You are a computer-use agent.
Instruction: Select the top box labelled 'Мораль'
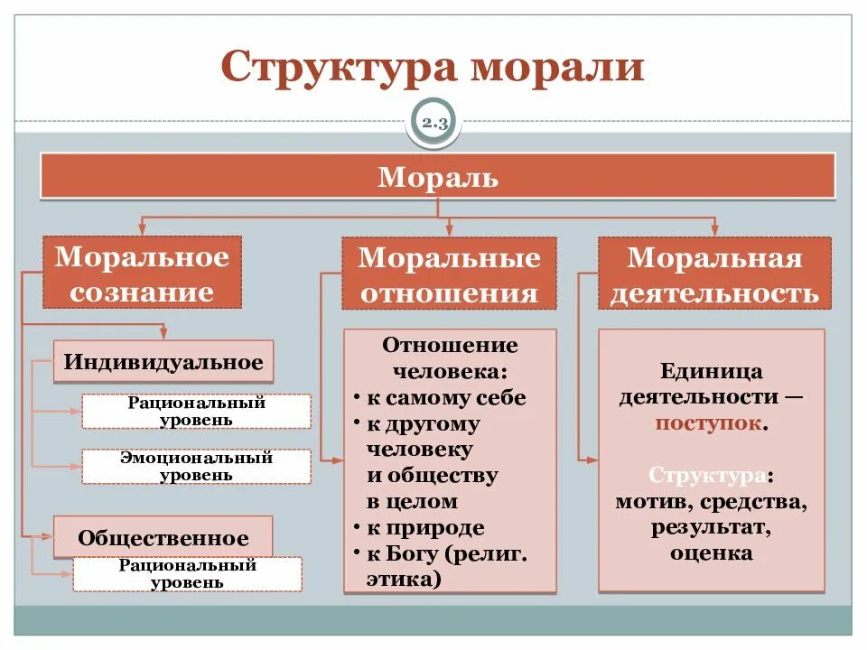438,176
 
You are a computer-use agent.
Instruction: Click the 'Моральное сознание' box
143,274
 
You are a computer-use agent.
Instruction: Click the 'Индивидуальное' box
163,363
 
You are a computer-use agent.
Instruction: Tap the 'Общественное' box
163,538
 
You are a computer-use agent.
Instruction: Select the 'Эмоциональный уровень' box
196,466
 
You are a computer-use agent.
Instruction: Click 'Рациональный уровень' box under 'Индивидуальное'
196,411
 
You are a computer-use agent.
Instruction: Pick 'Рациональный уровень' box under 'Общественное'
188,573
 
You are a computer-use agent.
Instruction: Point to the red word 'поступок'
710,423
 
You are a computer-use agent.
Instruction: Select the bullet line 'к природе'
425,528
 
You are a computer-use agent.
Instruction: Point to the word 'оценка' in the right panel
711,552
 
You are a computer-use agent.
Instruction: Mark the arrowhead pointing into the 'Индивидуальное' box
163,333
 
